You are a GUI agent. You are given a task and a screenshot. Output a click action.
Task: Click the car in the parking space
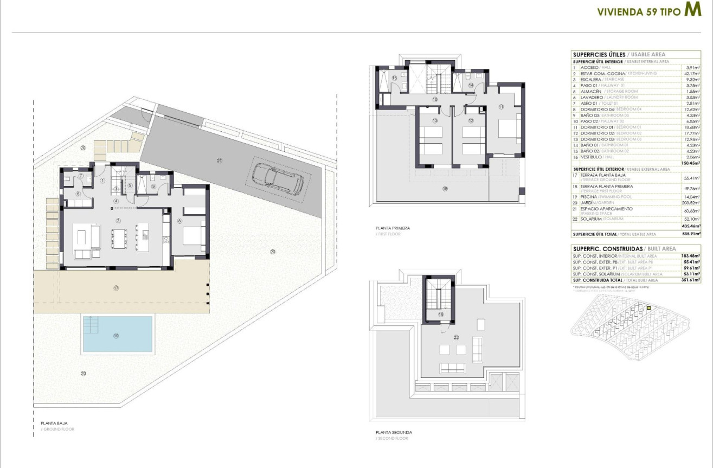[277, 179]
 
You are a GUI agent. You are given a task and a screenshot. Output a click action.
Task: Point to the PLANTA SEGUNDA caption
[394, 432]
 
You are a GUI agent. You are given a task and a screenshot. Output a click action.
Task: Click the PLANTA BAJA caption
[54, 423]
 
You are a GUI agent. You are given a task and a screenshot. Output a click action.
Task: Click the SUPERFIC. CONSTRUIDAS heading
[606, 248]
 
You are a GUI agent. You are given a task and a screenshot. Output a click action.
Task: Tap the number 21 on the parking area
[220, 161]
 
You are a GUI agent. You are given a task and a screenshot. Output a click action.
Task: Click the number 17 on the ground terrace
[116, 288]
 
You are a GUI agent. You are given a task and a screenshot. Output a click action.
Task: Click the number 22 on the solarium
[457, 337]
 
